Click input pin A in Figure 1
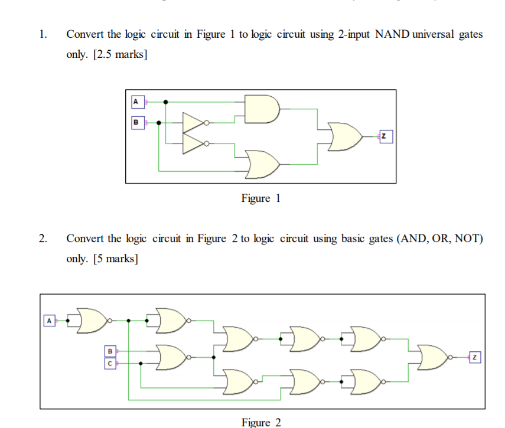136,102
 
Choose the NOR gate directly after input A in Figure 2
92,321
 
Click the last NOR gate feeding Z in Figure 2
434,357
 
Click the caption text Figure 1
260,198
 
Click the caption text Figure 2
260,422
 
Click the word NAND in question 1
392,34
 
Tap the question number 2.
42,238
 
